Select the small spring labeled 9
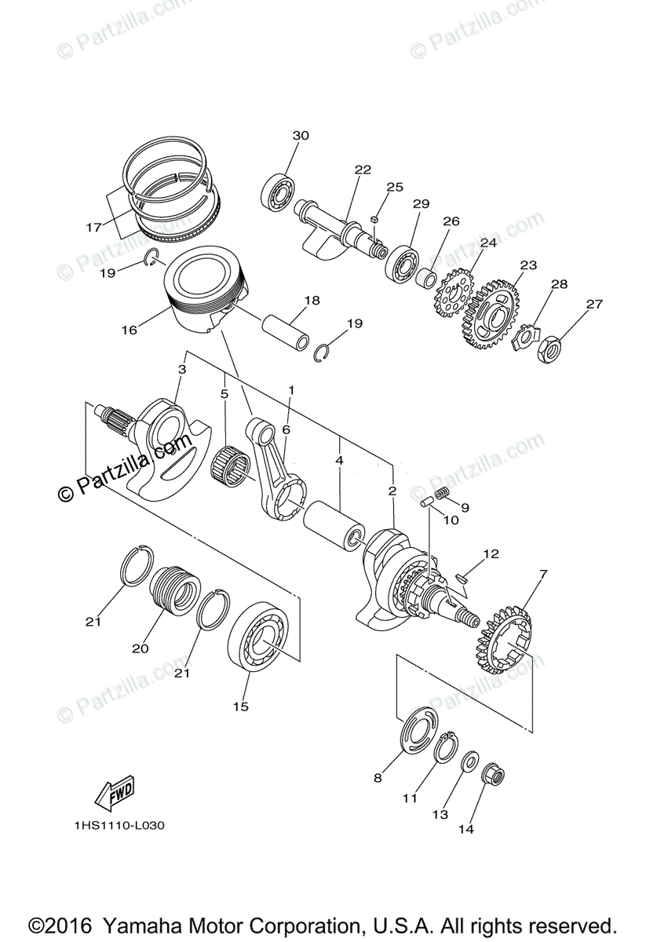pyautogui.click(x=442, y=493)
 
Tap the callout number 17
pyautogui.click(x=93, y=228)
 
